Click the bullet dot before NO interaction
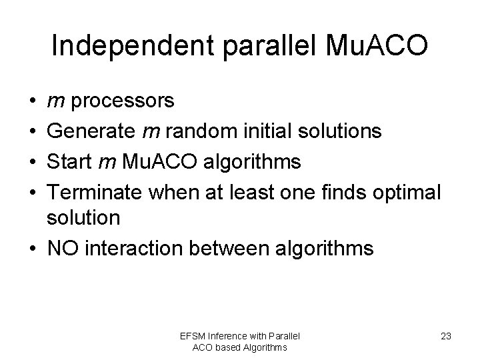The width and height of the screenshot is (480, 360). [x=33, y=248]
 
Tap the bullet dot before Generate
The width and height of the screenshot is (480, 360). [x=33, y=131]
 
